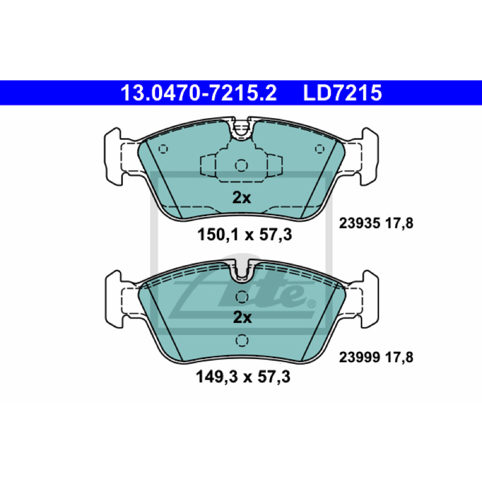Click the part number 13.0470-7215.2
click(x=199, y=93)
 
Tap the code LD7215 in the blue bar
click(x=342, y=93)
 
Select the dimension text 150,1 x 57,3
click(x=245, y=235)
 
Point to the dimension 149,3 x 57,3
click(x=243, y=377)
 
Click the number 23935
click(x=360, y=223)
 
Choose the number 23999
click(x=360, y=357)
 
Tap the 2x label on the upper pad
click(x=242, y=198)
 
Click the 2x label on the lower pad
click(x=242, y=318)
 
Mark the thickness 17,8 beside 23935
click(x=399, y=224)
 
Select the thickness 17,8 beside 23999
click(x=399, y=358)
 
